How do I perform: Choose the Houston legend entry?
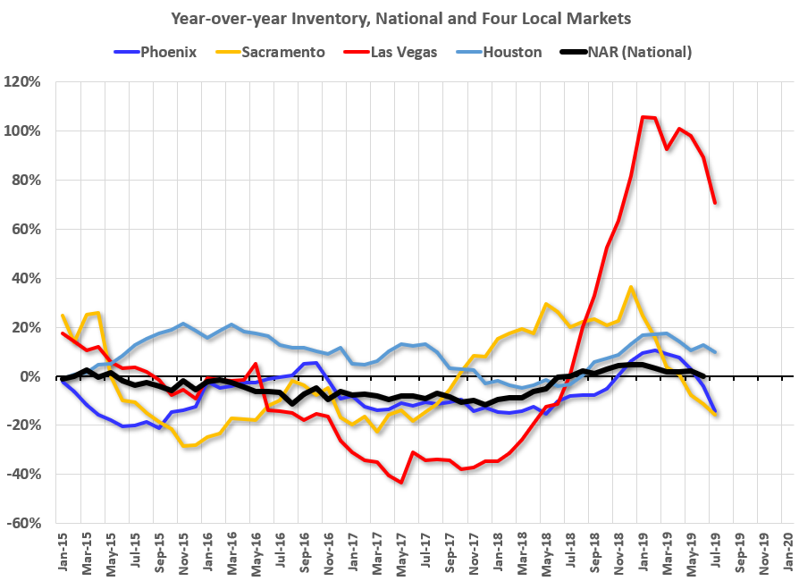pyautogui.click(x=511, y=52)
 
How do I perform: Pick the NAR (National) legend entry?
pyautogui.click(x=638, y=52)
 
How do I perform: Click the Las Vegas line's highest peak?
pyautogui.click(x=643, y=117)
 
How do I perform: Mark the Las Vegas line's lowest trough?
pyautogui.click(x=401, y=483)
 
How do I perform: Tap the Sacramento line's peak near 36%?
pyautogui.click(x=631, y=288)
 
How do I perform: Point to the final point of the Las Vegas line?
pyautogui.click(x=715, y=203)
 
